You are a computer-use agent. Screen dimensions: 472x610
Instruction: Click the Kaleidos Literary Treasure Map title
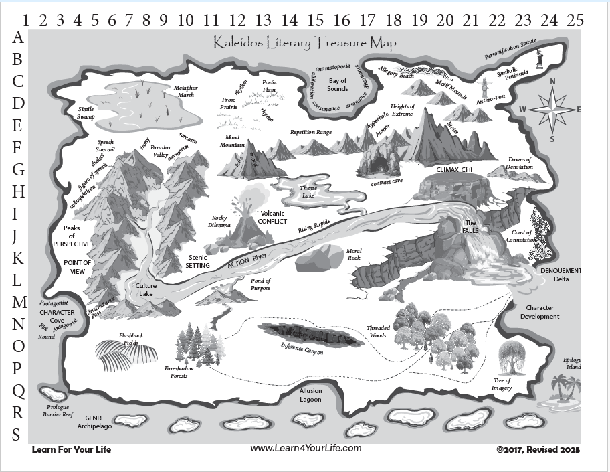[x=305, y=43]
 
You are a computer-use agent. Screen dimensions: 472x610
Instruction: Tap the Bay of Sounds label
[x=337, y=85]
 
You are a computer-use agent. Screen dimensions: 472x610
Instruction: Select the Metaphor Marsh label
[x=185, y=91]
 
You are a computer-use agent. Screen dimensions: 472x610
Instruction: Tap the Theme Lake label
[x=308, y=191]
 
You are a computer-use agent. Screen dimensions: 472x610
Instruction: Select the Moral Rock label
[x=353, y=255]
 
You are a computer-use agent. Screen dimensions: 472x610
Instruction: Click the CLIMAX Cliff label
[x=454, y=169]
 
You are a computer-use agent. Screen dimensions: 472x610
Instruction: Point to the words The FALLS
[x=470, y=226]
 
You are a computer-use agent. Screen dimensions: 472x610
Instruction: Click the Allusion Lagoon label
[x=310, y=395]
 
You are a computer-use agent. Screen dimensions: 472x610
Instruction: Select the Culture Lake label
[x=146, y=289]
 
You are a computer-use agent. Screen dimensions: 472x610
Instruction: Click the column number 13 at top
[x=263, y=19]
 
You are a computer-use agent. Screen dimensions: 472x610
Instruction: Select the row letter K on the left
[x=18, y=257]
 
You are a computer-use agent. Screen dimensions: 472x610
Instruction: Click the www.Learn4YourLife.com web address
[x=306, y=448]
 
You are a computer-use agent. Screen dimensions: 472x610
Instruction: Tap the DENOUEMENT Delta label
[x=561, y=274]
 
